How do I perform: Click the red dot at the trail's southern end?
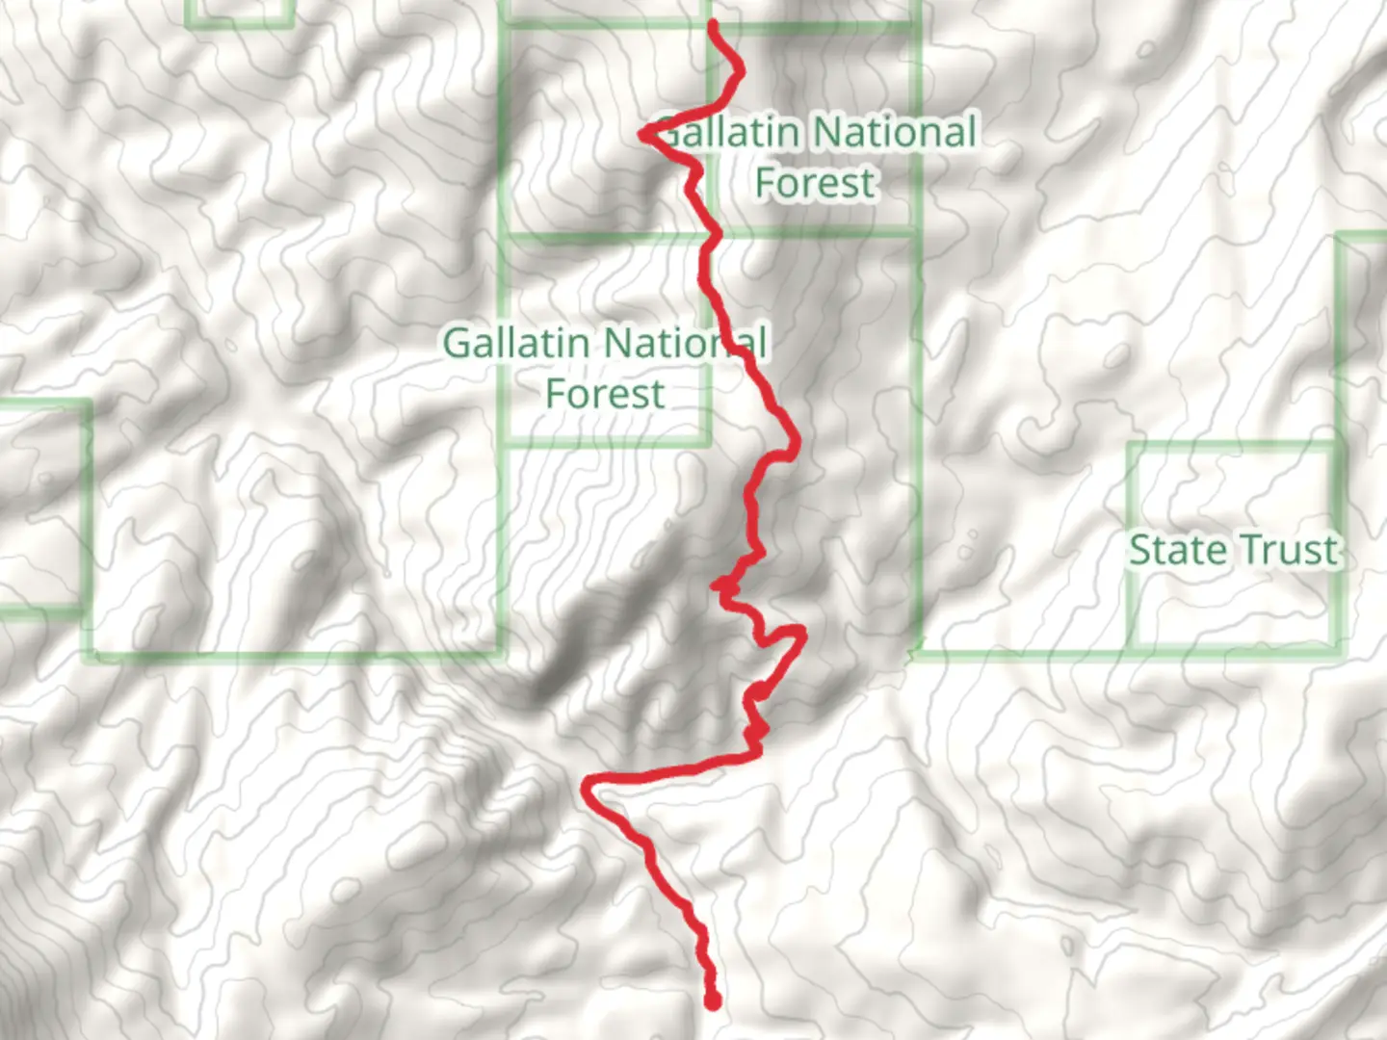(x=713, y=1001)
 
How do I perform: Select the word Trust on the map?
(x=1285, y=550)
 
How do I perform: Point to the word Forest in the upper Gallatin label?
(x=815, y=183)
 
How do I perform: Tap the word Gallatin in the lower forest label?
(x=516, y=343)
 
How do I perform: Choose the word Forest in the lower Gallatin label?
(x=605, y=394)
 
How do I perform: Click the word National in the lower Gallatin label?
(x=686, y=343)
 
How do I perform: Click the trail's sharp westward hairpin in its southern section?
(x=586, y=788)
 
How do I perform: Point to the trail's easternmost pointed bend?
(x=802, y=632)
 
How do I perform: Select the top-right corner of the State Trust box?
(x=1337, y=446)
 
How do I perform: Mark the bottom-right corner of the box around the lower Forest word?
(x=709, y=443)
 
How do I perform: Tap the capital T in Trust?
(x=1243, y=550)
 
